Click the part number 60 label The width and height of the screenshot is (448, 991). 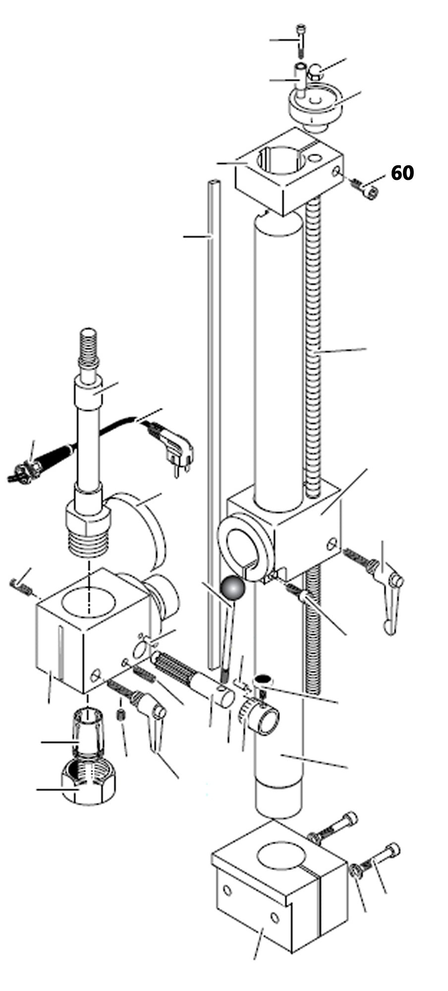click(x=402, y=173)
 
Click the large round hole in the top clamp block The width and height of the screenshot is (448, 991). click(x=280, y=160)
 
